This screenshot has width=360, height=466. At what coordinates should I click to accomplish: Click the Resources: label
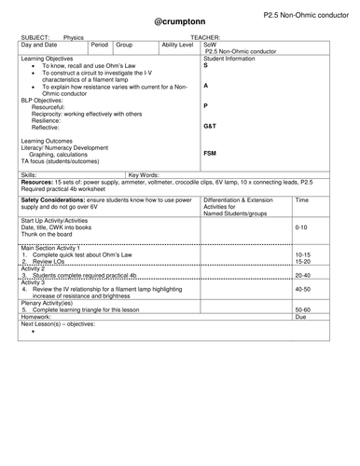coord(40,181)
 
